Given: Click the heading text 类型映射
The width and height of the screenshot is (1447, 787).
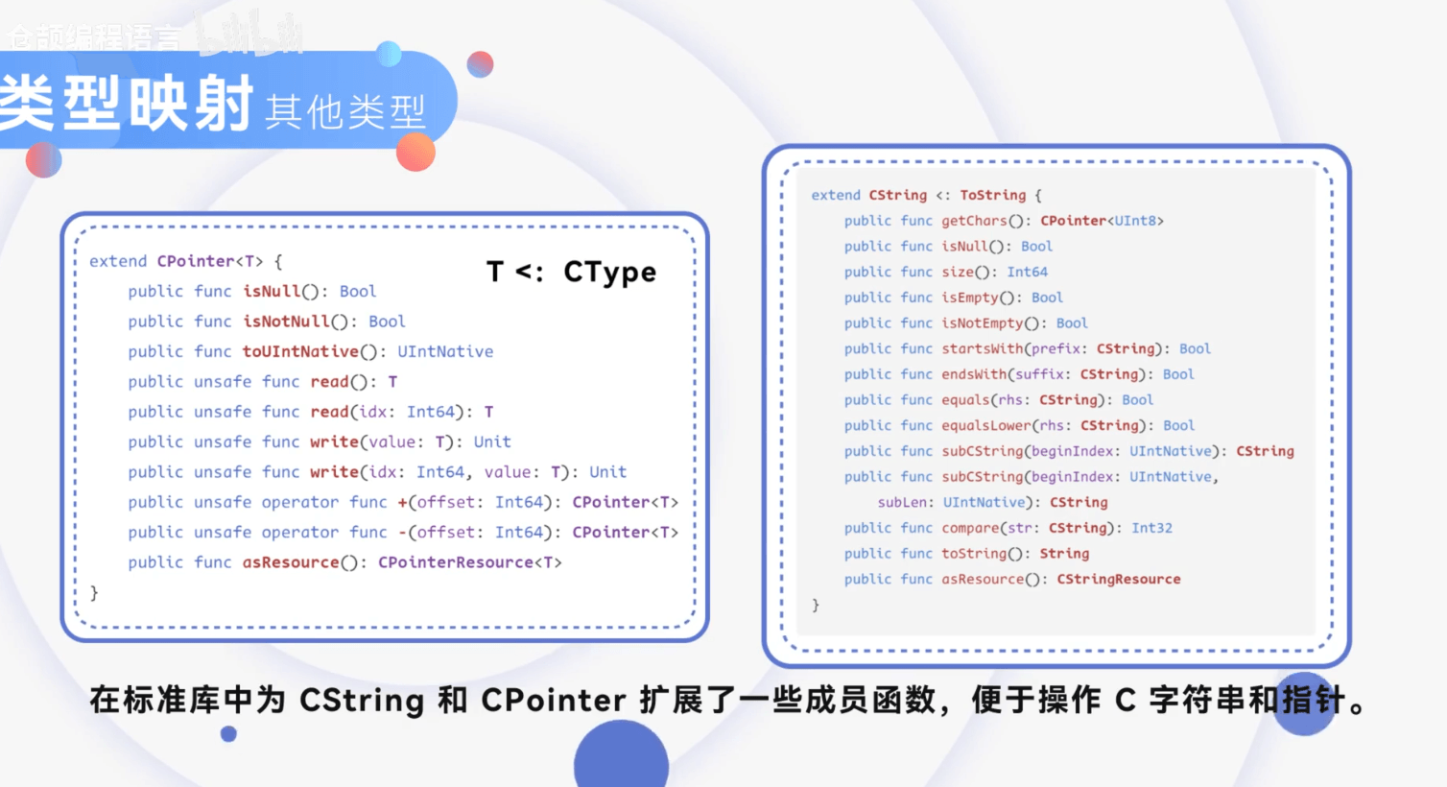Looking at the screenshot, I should tap(127, 104).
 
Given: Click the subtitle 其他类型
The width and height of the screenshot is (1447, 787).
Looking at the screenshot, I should tap(344, 112).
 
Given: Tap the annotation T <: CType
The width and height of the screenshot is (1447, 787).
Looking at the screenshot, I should tap(571, 273).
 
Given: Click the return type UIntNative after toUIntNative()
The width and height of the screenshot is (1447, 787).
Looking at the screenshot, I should tap(445, 351).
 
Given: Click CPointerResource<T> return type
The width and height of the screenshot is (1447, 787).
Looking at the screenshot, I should tap(469, 562).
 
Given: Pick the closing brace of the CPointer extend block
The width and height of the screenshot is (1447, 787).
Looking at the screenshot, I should tap(94, 593).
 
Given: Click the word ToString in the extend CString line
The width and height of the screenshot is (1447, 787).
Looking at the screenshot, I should tap(992, 195).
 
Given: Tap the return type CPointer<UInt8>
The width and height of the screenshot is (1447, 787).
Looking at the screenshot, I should tap(1102, 221).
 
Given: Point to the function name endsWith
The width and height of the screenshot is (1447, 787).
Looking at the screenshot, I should tap(974, 374).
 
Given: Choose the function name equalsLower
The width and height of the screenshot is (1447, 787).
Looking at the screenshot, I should tap(986, 425).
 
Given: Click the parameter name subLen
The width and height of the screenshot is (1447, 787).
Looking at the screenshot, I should tap(902, 502).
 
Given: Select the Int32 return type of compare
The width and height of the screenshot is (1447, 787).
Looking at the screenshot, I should tap(1151, 528).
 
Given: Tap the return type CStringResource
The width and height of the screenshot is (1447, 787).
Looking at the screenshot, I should tap(1119, 579).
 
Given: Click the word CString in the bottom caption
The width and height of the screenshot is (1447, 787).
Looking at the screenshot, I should tap(362, 700).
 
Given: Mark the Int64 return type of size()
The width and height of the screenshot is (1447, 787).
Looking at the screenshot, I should tap(1027, 272).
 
